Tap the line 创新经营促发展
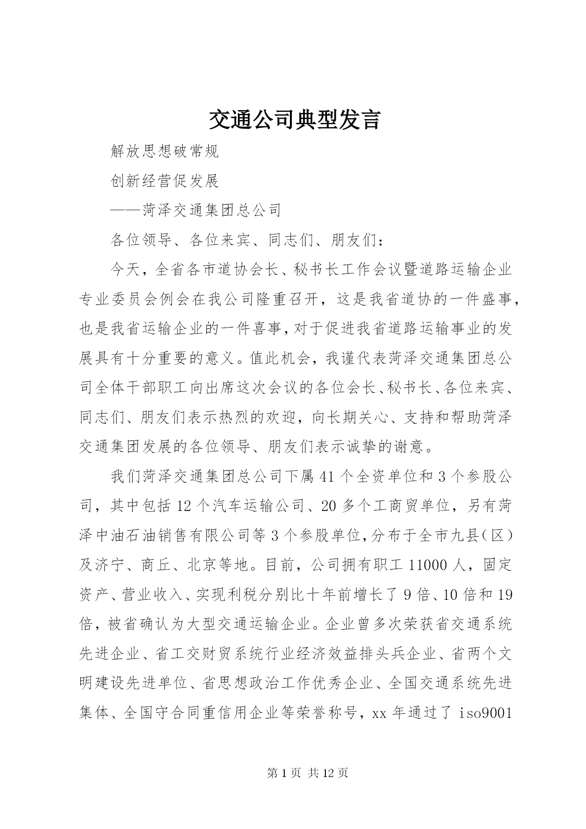click(x=164, y=181)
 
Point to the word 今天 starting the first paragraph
click(x=126, y=270)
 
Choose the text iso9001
click(x=486, y=713)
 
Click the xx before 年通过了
click(x=380, y=713)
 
